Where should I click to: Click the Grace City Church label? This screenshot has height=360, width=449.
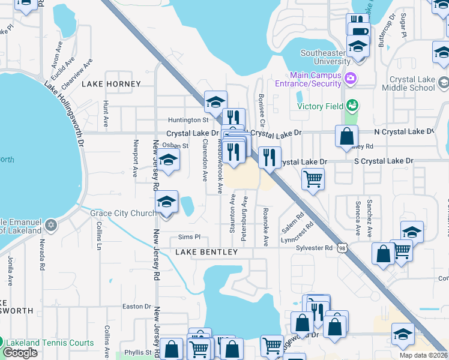pyautogui.click(x=123, y=213)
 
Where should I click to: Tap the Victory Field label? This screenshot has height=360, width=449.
pyautogui.click(x=321, y=107)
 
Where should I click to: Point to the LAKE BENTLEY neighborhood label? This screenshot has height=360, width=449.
pyautogui.click(x=206, y=253)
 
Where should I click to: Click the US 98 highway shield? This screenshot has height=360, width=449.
pyautogui.click(x=342, y=247)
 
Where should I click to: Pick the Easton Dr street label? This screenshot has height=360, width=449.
pyautogui.click(x=136, y=307)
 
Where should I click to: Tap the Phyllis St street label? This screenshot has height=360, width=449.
pyautogui.click(x=138, y=352)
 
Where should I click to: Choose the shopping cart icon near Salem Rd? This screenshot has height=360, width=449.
pyautogui.click(x=313, y=178)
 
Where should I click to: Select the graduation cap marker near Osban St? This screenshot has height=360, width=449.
pyautogui.click(x=169, y=160)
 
